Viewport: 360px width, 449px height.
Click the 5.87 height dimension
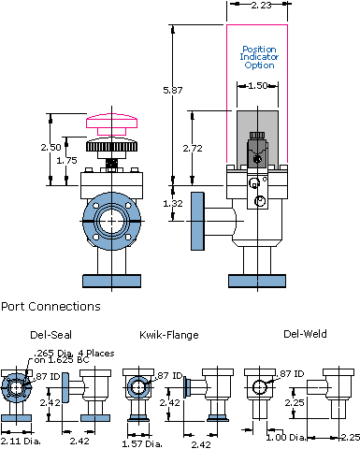coord(173,90)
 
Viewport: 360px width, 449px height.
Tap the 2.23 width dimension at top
coord(261,5)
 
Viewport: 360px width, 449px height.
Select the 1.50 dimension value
coord(258,85)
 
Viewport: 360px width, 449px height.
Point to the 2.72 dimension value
coord(193,148)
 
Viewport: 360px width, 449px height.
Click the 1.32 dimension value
coord(173,204)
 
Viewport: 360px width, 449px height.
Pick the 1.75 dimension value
coord(66,161)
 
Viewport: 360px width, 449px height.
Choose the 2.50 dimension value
coord(50,147)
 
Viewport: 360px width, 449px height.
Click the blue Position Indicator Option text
coord(259,57)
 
